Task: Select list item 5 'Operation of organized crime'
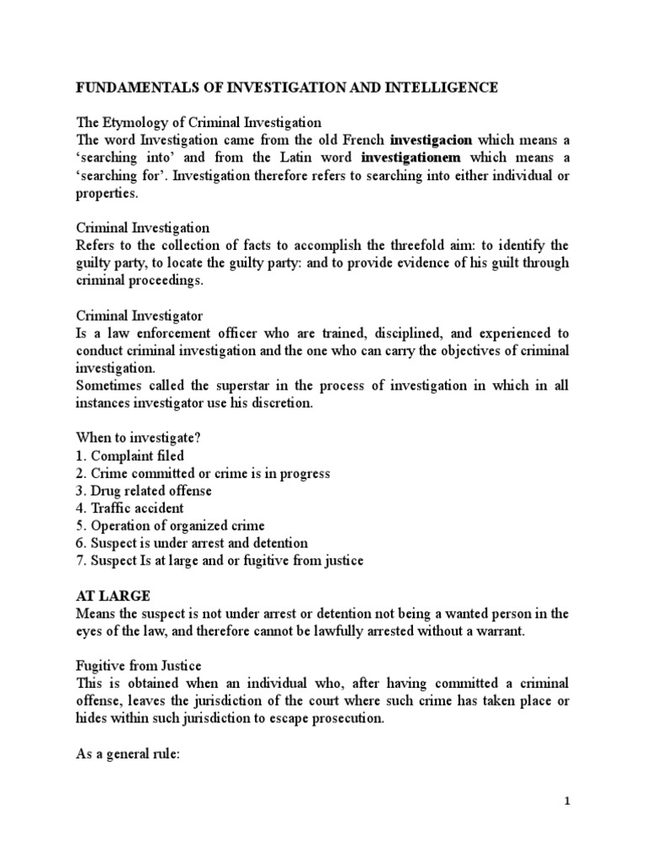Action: point(171,526)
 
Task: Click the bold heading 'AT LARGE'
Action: point(114,596)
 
